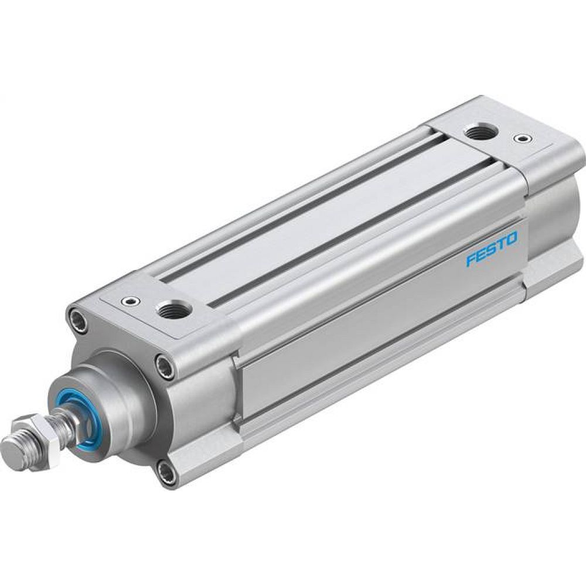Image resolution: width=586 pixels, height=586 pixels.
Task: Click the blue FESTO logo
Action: (492, 250)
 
